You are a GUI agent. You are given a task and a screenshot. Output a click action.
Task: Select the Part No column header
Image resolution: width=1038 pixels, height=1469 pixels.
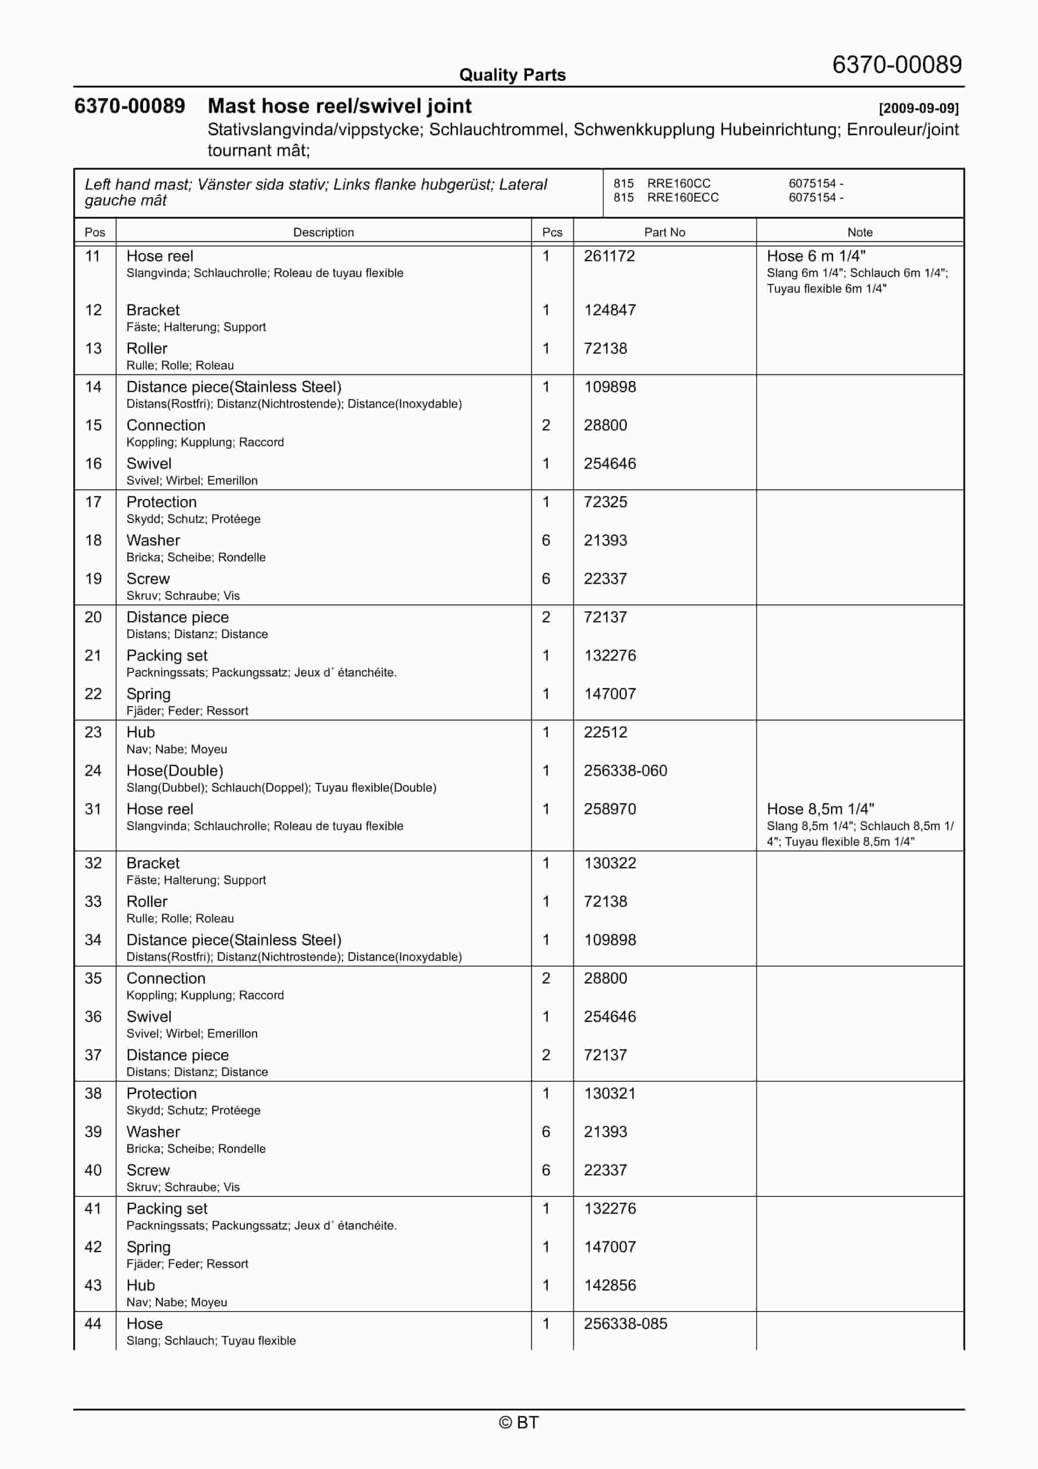664,232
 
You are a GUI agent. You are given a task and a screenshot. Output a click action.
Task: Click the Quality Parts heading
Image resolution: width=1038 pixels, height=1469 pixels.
512,75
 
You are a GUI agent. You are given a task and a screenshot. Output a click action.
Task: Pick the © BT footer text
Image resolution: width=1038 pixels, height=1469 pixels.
519,1422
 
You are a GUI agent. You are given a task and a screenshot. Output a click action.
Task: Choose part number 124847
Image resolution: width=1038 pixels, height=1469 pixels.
609,310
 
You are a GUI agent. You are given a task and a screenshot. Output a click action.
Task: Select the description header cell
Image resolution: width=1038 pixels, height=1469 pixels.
323,232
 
